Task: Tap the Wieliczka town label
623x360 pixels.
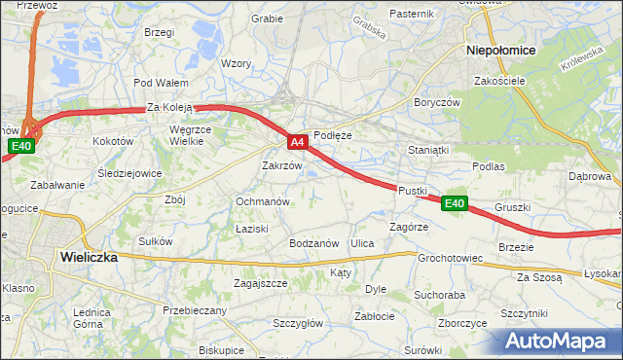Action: tap(88, 258)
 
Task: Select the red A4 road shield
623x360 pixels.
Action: tap(298, 142)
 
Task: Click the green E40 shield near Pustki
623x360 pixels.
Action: tap(455, 203)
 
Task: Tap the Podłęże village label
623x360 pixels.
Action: tap(332, 136)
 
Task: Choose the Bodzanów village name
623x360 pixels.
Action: tap(312, 242)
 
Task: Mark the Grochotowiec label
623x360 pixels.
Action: tap(451, 259)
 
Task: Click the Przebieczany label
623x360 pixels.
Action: tap(195, 310)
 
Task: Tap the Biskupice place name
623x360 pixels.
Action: tap(221, 349)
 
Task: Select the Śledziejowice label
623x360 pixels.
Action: tap(129, 174)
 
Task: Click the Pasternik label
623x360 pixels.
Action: tap(410, 14)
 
